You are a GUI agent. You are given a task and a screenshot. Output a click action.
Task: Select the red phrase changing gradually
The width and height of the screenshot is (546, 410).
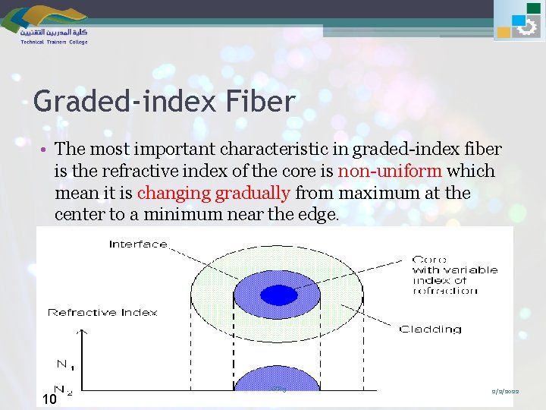pos(220,194)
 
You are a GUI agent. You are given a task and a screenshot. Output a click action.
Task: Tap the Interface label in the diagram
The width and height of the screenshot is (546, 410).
pos(138,244)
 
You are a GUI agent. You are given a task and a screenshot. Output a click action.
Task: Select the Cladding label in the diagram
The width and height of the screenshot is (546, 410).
pos(430,329)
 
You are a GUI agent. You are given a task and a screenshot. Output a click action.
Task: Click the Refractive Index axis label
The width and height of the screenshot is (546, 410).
pos(102,312)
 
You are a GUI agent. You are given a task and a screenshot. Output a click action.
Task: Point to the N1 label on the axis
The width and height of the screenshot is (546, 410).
pos(65,365)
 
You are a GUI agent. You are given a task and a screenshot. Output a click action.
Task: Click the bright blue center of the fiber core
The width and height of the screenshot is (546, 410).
pos(279,294)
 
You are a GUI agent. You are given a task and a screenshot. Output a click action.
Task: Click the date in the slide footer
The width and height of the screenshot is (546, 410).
pos(504,389)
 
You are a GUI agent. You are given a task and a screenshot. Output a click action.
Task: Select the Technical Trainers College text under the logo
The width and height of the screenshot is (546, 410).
pos(54,43)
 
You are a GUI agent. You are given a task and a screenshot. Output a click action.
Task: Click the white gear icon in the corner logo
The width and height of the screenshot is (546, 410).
pos(526,28)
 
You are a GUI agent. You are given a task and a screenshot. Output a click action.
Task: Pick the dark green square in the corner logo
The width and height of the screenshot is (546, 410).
pos(534,8)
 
